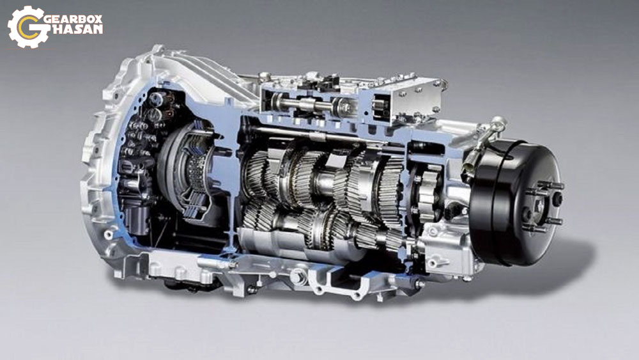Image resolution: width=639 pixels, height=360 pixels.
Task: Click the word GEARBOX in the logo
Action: click(x=73, y=19)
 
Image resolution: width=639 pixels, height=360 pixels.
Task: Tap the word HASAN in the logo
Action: click(x=77, y=29)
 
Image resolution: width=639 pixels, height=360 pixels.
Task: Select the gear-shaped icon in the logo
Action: click(x=26, y=27)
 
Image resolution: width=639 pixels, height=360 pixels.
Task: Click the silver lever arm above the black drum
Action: click(x=485, y=141)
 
